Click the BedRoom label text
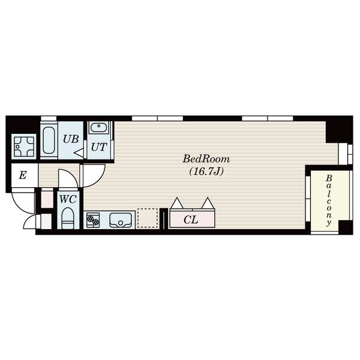coord(206,159)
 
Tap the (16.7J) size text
coord(206,172)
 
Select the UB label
coord(71,139)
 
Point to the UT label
coord(99,147)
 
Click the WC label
coord(68,199)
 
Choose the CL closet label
coord(191,220)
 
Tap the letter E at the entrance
coord(23,176)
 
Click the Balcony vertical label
coord(329,200)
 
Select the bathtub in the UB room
coord(49,140)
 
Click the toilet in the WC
coord(68,218)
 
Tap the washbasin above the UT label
coord(99,127)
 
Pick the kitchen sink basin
coord(121,220)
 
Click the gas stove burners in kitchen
coord(93,220)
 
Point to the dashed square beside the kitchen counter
coord(148,218)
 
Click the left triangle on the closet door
coord(177,203)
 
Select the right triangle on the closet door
coord(208,203)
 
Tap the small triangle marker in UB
coord(79,153)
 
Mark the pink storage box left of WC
coord(47,199)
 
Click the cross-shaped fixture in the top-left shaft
coord(24,146)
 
